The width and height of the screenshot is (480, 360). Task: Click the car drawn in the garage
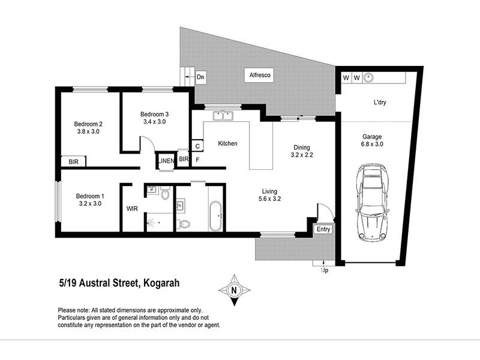pyautogui.click(x=372, y=202)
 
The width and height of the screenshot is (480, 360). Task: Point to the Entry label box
pyautogui.click(x=323, y=229)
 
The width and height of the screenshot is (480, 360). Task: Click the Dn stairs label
pyautogui.click(x=201, y=77)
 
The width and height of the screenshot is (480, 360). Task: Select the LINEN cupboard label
pyautogui.click(x=166, y=160)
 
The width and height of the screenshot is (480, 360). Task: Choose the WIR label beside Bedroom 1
pyautogui.click(x=133, y=209)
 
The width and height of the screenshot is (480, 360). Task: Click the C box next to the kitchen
pyautogui.click(x=197, y=146)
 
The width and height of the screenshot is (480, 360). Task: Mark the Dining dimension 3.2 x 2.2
pyautogui.click(x=302, y=155)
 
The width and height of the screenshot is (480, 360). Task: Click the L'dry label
pyautogui.click(x=379, y=103)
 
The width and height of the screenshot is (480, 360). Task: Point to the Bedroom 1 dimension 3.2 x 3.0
pyautogui.click(x=90, y=203)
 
